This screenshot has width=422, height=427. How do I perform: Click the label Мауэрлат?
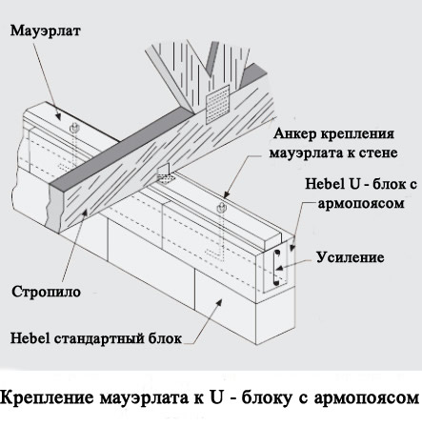(x=46, y=31)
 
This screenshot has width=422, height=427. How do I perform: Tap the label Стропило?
(x=47, y=292)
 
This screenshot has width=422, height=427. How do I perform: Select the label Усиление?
(x=351, y=257)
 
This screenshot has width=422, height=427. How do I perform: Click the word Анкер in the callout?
(x=295, y=133)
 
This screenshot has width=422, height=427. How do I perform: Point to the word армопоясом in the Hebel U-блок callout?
(x=361, y=203)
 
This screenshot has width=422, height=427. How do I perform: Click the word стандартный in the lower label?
(x=99, y=338)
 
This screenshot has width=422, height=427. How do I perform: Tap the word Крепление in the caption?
(x=48, y=397)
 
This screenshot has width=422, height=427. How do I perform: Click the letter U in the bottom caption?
(x=215, y=396)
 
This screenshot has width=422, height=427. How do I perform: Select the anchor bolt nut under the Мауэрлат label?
(x=74, y=128)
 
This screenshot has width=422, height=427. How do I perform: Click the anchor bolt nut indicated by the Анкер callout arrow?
(x=221, y=208)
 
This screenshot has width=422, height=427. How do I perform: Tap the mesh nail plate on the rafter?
(x=217, y=105)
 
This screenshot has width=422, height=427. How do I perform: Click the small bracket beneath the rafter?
(x=166, y=174)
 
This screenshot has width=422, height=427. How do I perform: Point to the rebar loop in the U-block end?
(x=276, y=267)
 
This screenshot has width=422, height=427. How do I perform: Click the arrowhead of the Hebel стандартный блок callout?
(x=219, y=302)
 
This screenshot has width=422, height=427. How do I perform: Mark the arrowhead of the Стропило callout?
(x=84, y=212)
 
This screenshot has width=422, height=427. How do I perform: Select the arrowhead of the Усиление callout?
(x=278, y=268)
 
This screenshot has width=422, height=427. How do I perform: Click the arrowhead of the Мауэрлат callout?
(x=58, y=116)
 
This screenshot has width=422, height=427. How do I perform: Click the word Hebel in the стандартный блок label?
(x=30, y=338)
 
